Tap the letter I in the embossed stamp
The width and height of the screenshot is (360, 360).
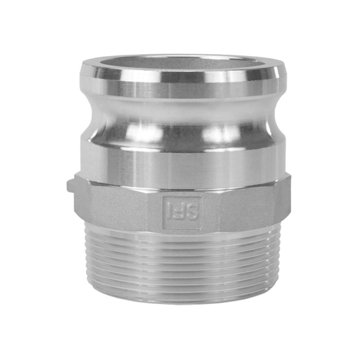point(169,212)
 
